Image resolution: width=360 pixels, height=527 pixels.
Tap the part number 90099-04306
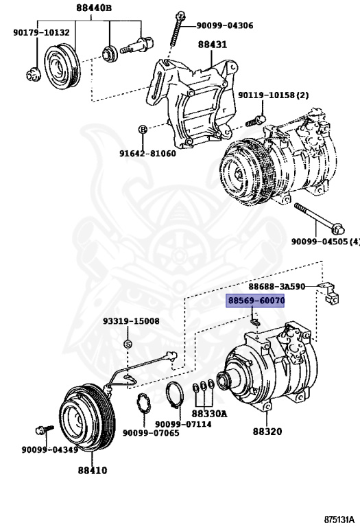pos(225,25)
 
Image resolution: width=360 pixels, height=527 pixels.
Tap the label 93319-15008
pos(131,321)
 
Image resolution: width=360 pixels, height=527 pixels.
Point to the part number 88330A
pos(209,414)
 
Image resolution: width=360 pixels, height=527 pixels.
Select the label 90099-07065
pos(151,433)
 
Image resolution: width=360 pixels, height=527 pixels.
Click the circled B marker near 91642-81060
pos(143,129)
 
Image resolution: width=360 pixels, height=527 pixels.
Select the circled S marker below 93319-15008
pos(127,343)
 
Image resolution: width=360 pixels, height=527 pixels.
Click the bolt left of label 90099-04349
pos(40,432)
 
